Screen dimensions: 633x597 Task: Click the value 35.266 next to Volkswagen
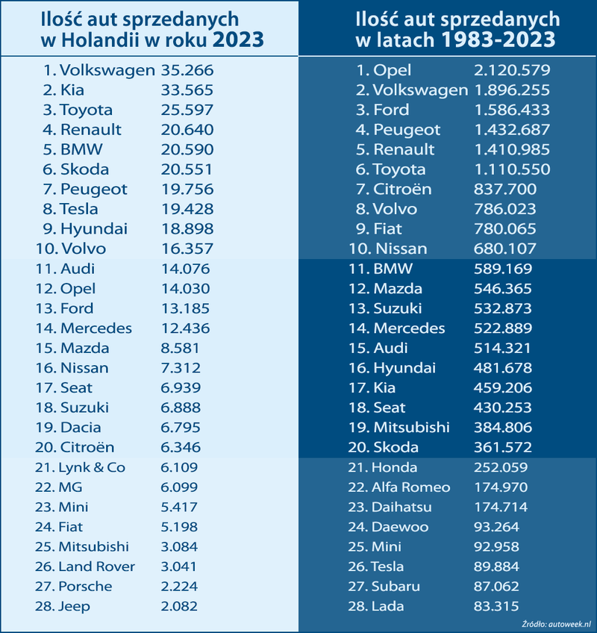tap(187, 71)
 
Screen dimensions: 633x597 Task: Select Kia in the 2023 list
tap(73, 90)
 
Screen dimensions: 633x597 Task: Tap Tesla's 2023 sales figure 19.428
tap(187, 209)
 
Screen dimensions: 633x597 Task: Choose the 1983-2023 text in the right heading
tap(497, 39)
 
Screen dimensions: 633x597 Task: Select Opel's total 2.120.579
tap(512, 71)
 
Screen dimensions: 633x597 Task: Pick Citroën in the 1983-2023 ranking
tap(402, 189)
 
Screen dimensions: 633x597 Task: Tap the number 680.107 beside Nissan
tap(505, 249)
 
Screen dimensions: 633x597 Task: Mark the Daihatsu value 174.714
tap(501, 507)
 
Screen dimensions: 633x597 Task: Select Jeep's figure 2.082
tap(179, 606)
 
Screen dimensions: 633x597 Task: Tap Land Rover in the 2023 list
tap(96, 567)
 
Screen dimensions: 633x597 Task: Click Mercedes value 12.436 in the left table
tap(186, 328)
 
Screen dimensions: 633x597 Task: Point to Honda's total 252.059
tap(501, 467)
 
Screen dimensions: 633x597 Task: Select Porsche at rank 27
tap(85, 586)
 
